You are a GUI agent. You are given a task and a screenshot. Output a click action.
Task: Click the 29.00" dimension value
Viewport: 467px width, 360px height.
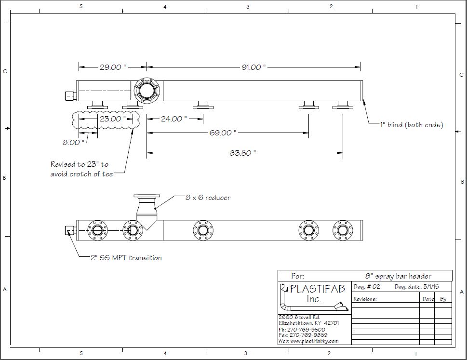point(113,67)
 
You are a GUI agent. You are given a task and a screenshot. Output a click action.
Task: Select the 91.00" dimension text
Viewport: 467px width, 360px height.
point(254,67)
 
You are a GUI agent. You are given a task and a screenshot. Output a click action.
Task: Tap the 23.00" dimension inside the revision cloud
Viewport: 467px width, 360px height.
point(112,119)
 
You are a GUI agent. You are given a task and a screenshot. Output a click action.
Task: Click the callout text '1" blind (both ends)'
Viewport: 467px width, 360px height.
point(411,125)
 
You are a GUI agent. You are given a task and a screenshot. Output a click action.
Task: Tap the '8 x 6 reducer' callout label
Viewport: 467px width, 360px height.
point(208,198)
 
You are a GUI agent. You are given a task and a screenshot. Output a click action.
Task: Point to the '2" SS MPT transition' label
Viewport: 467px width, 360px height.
point(126,258)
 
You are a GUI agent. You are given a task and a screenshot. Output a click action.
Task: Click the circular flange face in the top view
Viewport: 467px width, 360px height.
point(146,90)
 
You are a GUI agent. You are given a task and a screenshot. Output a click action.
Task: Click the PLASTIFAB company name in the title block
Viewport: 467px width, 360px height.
point(318,289)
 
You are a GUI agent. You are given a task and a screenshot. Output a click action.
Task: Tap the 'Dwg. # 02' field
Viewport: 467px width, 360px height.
point(367,287)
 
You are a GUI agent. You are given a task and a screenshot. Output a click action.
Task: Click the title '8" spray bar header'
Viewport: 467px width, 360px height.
point(399,276)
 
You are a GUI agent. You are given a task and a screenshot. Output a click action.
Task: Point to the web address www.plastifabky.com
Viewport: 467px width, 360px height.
point(308,341)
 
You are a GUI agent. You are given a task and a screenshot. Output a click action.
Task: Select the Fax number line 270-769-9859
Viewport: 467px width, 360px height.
point(303,335)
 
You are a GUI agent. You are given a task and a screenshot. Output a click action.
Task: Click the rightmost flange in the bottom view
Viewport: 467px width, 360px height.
point(343,230)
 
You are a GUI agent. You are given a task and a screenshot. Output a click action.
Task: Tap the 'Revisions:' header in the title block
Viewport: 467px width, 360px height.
point(365,299)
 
